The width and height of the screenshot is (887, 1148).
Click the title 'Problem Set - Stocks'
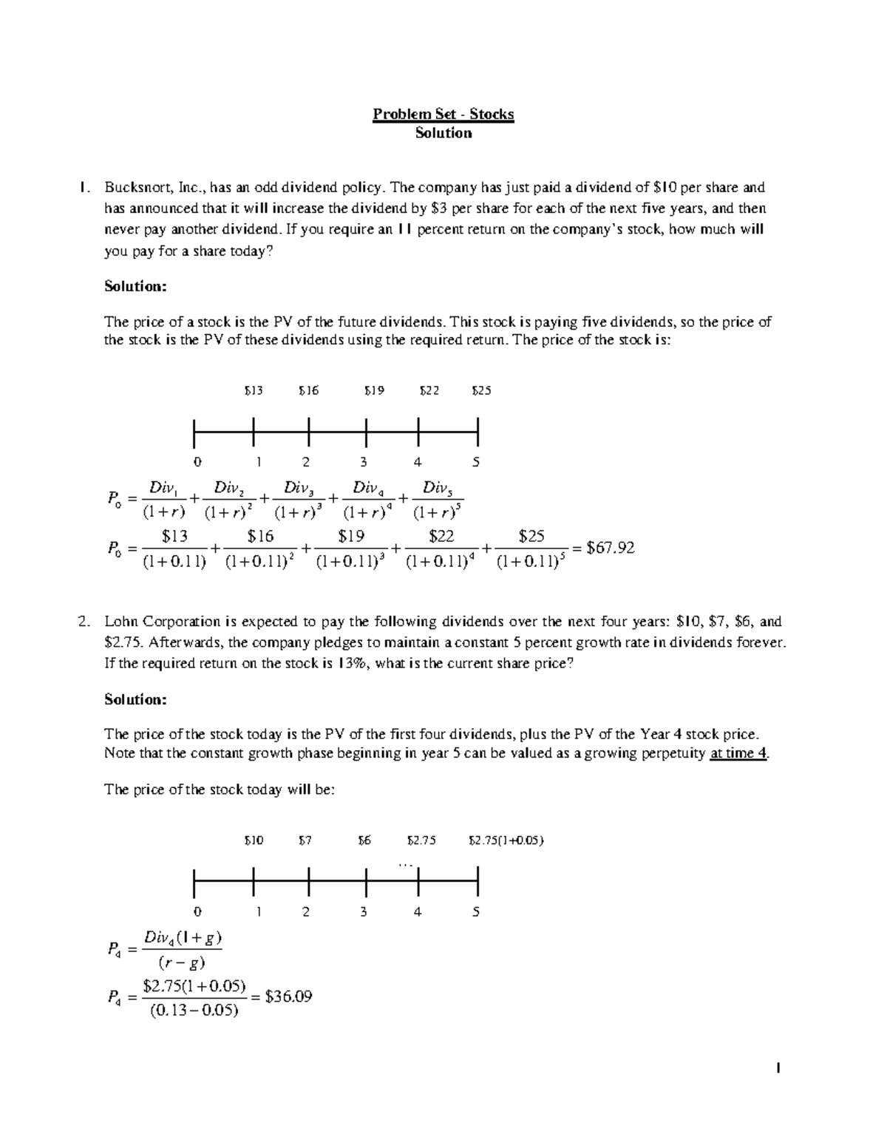pos(443,114)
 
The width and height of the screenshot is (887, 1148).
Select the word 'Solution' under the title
pos(443,133)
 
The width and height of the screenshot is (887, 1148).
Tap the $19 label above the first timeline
pos(374,390)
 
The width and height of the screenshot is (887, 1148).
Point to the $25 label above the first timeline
pos(480,390)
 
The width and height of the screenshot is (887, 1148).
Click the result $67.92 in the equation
pos(610,548)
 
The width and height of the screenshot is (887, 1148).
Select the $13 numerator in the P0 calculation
pos(175,536)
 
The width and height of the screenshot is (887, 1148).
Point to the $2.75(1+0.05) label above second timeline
pos(506,840)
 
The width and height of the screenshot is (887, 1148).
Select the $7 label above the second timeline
pos(305,840)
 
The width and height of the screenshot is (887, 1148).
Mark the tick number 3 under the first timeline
pos(363,462)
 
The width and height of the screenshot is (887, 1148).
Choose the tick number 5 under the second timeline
pos(476,911)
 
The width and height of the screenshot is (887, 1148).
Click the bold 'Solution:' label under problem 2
pos(135,699)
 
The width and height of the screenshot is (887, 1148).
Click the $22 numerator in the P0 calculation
pos(441,536)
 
